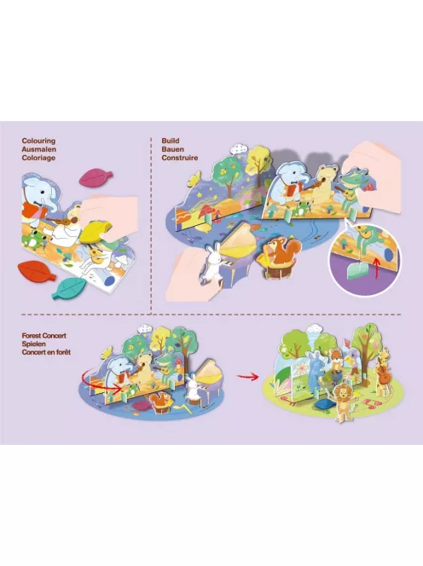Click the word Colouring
click(x=38, y=141)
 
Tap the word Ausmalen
click(x=38, y=149)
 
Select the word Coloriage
click(x=38, y=158)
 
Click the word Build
click(x=171, y=141)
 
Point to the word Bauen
click(x=172, y=149)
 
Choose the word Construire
click(x=180, y=158)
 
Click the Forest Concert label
click(x=44, y=336)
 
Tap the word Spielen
click(x=33, y=344)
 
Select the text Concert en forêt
click(x=46, y=352)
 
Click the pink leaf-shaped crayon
click(x=96, y=177)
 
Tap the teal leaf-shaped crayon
click(x=69, y=288)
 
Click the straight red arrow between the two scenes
click(x=247, y=377)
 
